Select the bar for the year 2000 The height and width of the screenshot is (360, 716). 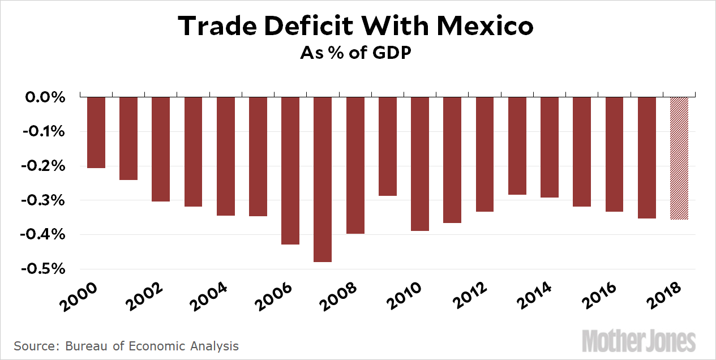click(x=96, y=132)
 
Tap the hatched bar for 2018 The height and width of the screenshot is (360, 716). click(x=679, y=158)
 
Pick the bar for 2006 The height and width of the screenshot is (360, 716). click(x=290, y=170)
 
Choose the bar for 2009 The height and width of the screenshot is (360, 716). click(x=388, y=147)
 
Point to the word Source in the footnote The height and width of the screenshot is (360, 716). click(x=32, y=346)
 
